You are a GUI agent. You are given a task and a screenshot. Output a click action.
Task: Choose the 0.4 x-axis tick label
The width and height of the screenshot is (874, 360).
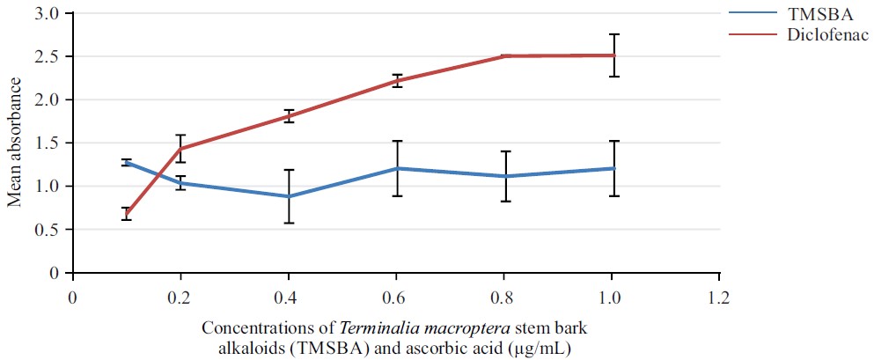coord(289,297)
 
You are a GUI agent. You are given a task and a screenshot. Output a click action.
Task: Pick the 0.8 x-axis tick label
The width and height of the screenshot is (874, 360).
coord(504,297)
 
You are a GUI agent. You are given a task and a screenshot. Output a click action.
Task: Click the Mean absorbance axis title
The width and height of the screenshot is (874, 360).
coord(15,143)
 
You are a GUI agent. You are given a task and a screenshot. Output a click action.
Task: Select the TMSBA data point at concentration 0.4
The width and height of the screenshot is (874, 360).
coord(289,196)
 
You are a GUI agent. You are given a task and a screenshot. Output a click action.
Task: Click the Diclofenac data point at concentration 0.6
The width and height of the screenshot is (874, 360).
coord(397,81)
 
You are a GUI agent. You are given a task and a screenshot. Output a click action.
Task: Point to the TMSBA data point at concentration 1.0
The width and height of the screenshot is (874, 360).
coord(613,168)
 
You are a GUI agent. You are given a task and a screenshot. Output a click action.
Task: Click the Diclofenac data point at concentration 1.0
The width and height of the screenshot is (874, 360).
coord(613,55)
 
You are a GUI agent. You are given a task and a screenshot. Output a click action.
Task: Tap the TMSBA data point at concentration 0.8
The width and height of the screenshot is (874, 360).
coord(505,176)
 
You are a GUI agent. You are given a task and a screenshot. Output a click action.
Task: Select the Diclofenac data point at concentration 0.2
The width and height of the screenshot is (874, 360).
coord(180,148)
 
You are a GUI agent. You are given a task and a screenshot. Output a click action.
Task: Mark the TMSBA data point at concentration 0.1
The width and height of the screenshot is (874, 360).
coord(127,162)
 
